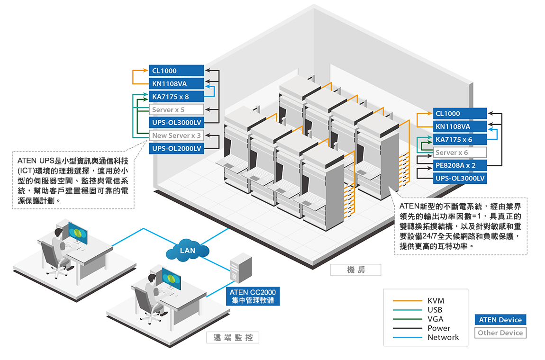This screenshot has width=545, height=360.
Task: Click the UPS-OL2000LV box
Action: [176, 148]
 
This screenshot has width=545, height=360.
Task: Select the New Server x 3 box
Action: [176, 135]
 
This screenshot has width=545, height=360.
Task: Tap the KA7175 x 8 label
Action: [176, 97]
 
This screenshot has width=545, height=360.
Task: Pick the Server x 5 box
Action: [176, 109]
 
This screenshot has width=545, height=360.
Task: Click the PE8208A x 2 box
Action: [460, 166]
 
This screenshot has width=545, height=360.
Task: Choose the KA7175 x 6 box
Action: [460, 140]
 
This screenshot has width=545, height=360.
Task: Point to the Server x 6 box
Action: [460, 153]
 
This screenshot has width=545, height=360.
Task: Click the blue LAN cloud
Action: [188, 250]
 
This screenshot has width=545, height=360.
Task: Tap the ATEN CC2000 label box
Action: [253, 296]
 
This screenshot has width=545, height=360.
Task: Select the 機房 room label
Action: [356, 270]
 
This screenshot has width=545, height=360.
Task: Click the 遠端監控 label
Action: [233, 338]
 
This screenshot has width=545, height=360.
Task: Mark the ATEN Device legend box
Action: [500, 320]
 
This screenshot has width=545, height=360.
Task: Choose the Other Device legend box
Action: [500, 333]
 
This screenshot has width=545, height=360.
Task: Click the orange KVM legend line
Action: [407, 301]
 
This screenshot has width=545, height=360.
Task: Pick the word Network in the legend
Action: [443, 337]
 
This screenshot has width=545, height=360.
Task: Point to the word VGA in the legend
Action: [436, 319]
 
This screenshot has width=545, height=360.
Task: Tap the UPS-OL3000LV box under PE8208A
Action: [460, 179]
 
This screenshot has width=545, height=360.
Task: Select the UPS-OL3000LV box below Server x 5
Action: [176, 122]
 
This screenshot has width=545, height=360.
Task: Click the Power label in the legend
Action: [439, 328]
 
